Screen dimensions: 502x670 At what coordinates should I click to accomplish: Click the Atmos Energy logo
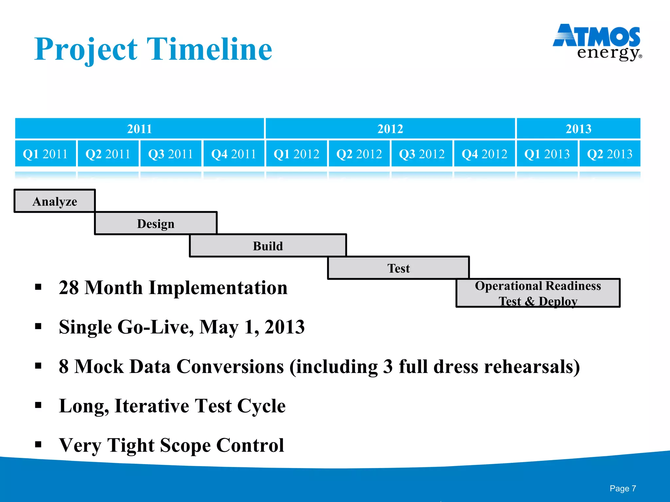[597, 42]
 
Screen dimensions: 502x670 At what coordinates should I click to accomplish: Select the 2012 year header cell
[390, 128]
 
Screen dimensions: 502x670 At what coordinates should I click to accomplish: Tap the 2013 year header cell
[578, 128]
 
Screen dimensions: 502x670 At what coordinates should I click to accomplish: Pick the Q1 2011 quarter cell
[45, 154]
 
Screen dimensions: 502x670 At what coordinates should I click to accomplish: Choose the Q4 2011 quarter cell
[234, 154]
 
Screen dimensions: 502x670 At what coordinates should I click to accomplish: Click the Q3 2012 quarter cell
[422, 154]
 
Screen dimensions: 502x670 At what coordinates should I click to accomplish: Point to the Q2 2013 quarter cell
[610, 154]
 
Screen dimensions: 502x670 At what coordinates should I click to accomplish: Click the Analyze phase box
[55, 201]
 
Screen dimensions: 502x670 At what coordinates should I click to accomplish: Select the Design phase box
[156, 224]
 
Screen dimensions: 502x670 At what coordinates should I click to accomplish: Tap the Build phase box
[268, 246]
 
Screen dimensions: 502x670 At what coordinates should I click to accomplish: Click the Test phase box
[398, 268]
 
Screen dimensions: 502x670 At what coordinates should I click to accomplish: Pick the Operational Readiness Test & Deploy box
[538, 293]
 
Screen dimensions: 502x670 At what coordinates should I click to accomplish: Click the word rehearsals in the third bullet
[532, 366]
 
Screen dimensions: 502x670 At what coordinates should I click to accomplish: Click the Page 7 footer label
[623, 488]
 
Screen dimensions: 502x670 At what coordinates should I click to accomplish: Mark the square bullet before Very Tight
[38, 444]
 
